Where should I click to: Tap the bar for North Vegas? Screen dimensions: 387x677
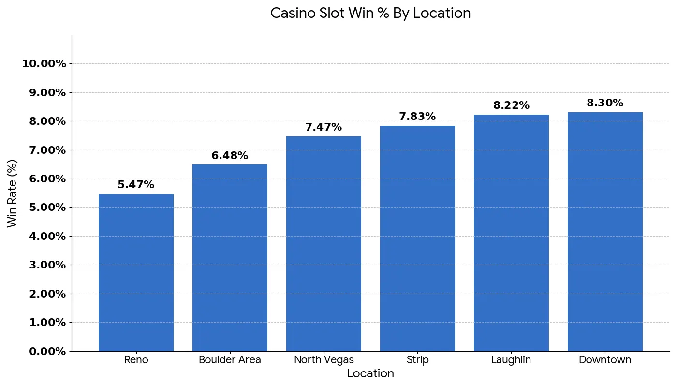(324, 244)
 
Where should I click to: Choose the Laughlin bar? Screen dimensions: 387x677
(511, 233)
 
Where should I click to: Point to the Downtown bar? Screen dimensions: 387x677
(605, 232)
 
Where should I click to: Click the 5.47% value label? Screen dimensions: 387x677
(136, 185)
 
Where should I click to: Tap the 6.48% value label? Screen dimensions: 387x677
(230, 156)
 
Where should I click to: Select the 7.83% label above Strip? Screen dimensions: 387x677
(417, 117)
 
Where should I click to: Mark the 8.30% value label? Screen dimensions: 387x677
(605, 103)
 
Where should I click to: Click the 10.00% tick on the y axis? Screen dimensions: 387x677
(44, 63)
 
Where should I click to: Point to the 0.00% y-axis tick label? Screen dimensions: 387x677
(47, 351)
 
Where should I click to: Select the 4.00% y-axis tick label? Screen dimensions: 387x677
(47, 236)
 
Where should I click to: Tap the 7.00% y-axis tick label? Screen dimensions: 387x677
(47, 150)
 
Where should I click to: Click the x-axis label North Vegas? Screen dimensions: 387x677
(324, 360)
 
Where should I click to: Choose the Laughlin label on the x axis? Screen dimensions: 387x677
(511, 360)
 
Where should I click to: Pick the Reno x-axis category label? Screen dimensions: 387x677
(136, 360)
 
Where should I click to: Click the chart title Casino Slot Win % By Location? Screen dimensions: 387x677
(370, 13)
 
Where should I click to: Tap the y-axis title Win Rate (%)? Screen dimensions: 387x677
(13, 193)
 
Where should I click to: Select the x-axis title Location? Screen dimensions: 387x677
(370, 373)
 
